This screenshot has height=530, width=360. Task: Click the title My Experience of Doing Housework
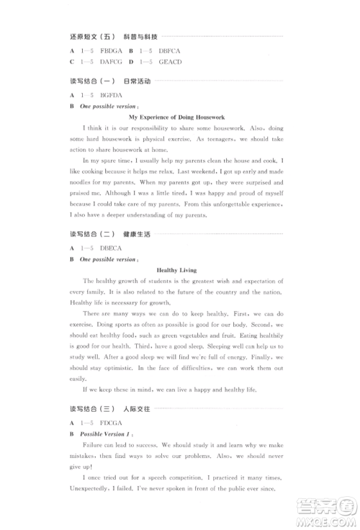tap(176, 117)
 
